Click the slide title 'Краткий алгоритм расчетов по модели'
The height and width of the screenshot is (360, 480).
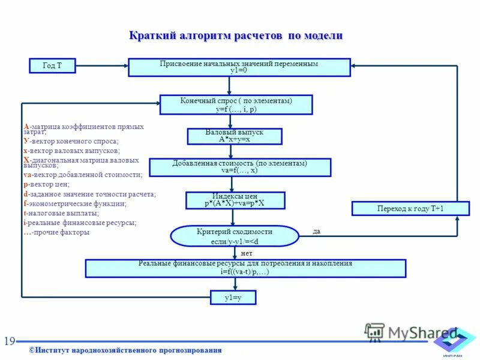(236, 36)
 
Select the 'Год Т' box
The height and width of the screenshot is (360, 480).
(52, 65)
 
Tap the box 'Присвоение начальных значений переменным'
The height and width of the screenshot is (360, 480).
(239, 67)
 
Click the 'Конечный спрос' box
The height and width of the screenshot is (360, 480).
(236, 104)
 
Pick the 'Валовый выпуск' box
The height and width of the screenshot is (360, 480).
(234, 136)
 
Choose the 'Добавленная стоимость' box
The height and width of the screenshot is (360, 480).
(239, 167)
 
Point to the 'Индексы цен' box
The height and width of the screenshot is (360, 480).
(235, 200)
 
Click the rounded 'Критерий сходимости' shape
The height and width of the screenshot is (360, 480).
(234, 236)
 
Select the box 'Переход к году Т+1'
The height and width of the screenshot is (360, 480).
(410, 208)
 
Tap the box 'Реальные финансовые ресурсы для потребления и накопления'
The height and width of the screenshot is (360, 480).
(245, 268)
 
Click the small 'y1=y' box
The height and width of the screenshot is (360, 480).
(232, 297)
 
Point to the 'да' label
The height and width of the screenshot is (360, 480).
(317, 231)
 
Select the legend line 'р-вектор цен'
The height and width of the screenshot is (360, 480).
(46, 184)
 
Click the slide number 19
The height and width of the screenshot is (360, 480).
(10, 341)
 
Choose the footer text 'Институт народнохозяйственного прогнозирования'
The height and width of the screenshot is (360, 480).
(126, 350)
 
